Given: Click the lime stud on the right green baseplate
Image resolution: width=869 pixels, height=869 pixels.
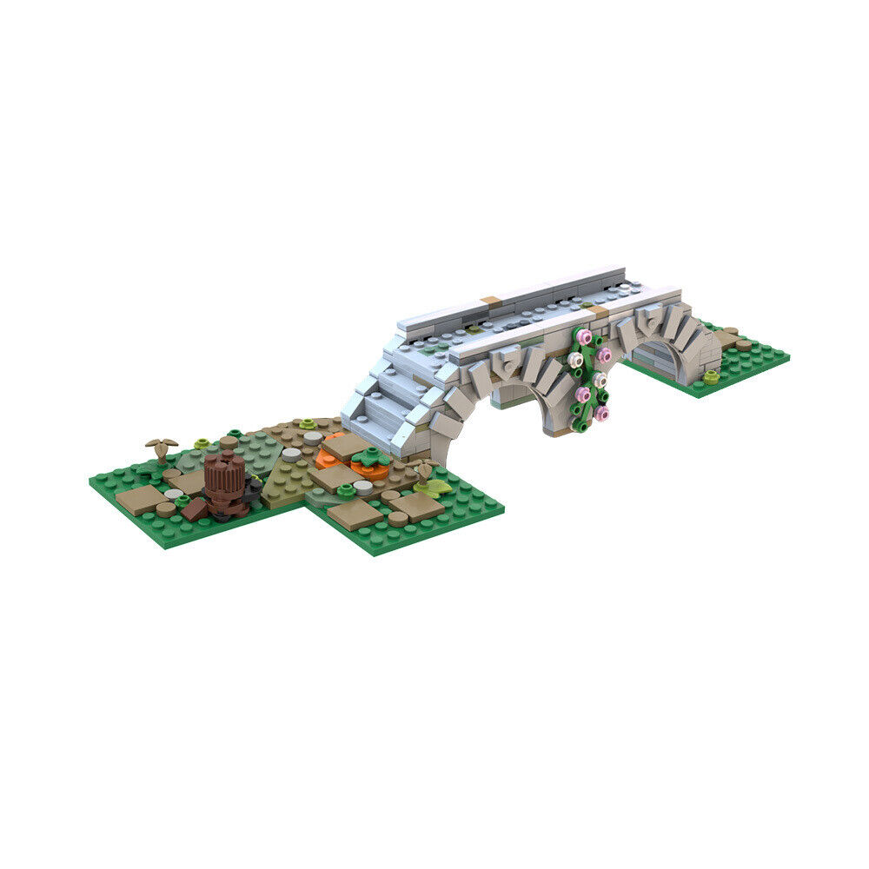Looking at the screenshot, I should coord(712,376).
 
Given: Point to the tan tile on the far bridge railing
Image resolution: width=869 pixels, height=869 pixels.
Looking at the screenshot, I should coord(491,301).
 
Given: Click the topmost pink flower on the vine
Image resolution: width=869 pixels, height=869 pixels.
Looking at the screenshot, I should coord(584,336).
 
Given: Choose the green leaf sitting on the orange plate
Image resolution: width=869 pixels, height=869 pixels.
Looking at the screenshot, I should coord(371,457).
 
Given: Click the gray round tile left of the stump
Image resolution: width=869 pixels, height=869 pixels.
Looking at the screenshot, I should coord(175,493).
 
